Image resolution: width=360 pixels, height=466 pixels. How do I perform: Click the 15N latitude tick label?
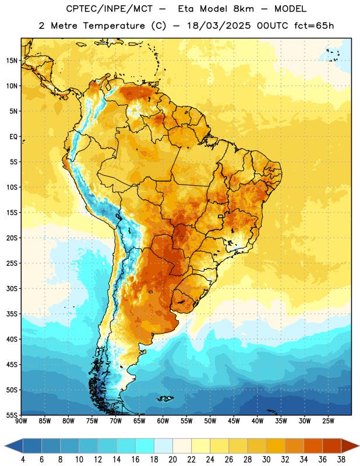pyautogui.click(x=12, y=61)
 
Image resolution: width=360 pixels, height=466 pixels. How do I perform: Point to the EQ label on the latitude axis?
pyautogui.click(x=13, y=137)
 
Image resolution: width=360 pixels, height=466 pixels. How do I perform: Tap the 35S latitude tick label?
pyautogui.click(x=12, y=314)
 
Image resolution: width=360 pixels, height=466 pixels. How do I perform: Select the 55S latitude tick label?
pyautogui.click(x=12, y=415)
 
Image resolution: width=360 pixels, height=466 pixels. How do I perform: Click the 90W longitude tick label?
pyautogui.click(x=21, y=421)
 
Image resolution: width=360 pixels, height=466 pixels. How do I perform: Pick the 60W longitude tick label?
pyautogui.click(x=163, y=421)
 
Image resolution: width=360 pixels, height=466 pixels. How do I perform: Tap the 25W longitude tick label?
pyautogui.click(x=328, y=421)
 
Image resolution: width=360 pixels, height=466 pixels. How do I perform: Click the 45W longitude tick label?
pyautogui.click(x=234, y=421)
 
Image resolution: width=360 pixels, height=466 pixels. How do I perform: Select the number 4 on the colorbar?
pyautogui.click(x=23, y=460)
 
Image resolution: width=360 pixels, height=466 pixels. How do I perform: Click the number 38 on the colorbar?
pyautogui.click(x=341, y=460)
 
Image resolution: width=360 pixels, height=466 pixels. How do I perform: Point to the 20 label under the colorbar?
pyautogui.click(x=172, y=460)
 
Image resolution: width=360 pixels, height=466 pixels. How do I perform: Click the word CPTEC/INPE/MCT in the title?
pyautogui.click(x=109, y=9)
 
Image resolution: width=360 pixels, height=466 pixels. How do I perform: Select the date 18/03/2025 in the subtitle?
pyautogui.click(x=219, y=26)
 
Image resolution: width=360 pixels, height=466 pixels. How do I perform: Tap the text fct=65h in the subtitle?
pyautogui.click(x=314, y=26)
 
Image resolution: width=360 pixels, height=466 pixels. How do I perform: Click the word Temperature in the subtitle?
pyautogui.click(x=114, y=26)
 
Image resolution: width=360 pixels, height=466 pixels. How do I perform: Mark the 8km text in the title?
pyautogui.click(x=243, y=9)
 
